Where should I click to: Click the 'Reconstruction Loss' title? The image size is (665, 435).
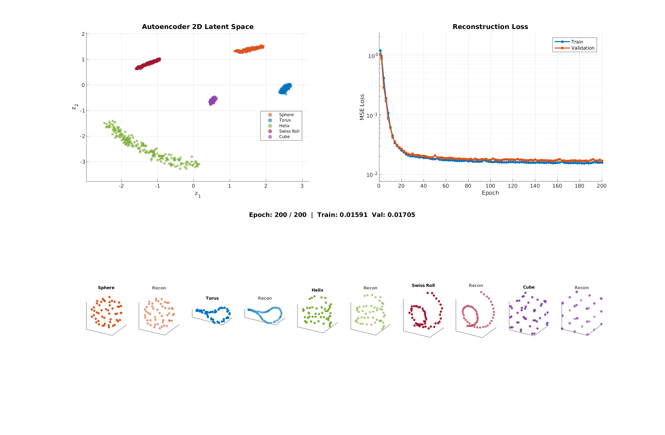pyautogui.click(x=490, y=27)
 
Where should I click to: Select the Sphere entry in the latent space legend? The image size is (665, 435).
pyautogui.click(x=286, y=115)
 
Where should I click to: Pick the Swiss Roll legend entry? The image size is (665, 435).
pyautogui.click(x=289, y=131)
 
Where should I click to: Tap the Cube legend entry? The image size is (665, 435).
pyautogui.click(x=284, y=137)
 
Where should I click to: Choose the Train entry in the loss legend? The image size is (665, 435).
pyautogui.click(x=577, y=42)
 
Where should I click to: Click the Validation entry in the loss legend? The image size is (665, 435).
pyautogui.click(x=582, y=48)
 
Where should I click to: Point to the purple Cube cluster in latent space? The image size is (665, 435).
pyautogui.click(x=213, y=100)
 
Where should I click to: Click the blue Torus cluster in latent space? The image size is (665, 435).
pyautogui.click(x=285, y=89)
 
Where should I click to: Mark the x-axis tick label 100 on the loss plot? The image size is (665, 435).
pyautogui.click(x=490, y=186)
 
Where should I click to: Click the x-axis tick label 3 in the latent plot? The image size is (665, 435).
pyautogui.click(x=302, y=186)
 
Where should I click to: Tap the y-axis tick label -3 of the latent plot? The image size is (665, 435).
pyautogui.click(x=83, y=162)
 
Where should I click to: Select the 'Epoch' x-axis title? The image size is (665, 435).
pyautogui.click(x=490, y=193)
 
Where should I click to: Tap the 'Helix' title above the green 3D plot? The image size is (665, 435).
pyautogui.click(x=318, y=290)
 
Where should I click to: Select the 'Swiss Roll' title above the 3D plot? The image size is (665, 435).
pyautogui.click(x=423, y=285)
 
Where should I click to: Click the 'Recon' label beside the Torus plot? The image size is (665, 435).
pyautogui.click(x=265, y=298)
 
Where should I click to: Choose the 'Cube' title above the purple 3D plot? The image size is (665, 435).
pyautogui.click(x=529, y=287)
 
